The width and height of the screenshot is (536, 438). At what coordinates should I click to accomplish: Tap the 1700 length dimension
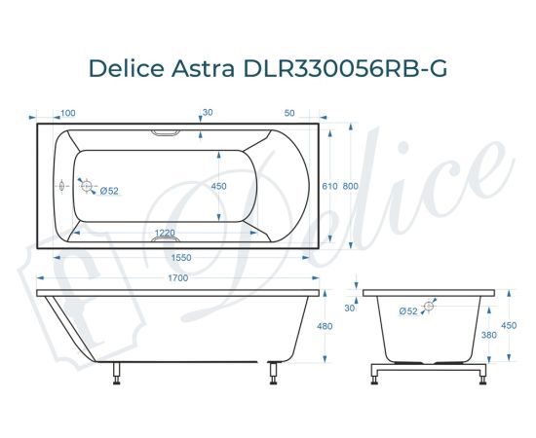[x=176, y=278]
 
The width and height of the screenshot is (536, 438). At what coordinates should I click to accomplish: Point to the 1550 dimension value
[x=176, y=258]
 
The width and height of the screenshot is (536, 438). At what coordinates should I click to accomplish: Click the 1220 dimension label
[x=166, y=233]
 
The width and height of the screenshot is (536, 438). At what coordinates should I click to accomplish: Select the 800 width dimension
[x=351, y=186]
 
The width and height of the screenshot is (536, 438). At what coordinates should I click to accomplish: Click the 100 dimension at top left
[x=68, y=114]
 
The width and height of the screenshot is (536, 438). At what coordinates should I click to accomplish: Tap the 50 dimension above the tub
[x=289, y=114]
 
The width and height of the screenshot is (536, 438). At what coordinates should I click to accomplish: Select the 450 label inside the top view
[x=219, y=186]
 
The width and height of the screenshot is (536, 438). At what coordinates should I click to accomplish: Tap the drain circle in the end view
[x=427, y=310]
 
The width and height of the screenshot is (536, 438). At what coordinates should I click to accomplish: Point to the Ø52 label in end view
[x=407, y=310]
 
